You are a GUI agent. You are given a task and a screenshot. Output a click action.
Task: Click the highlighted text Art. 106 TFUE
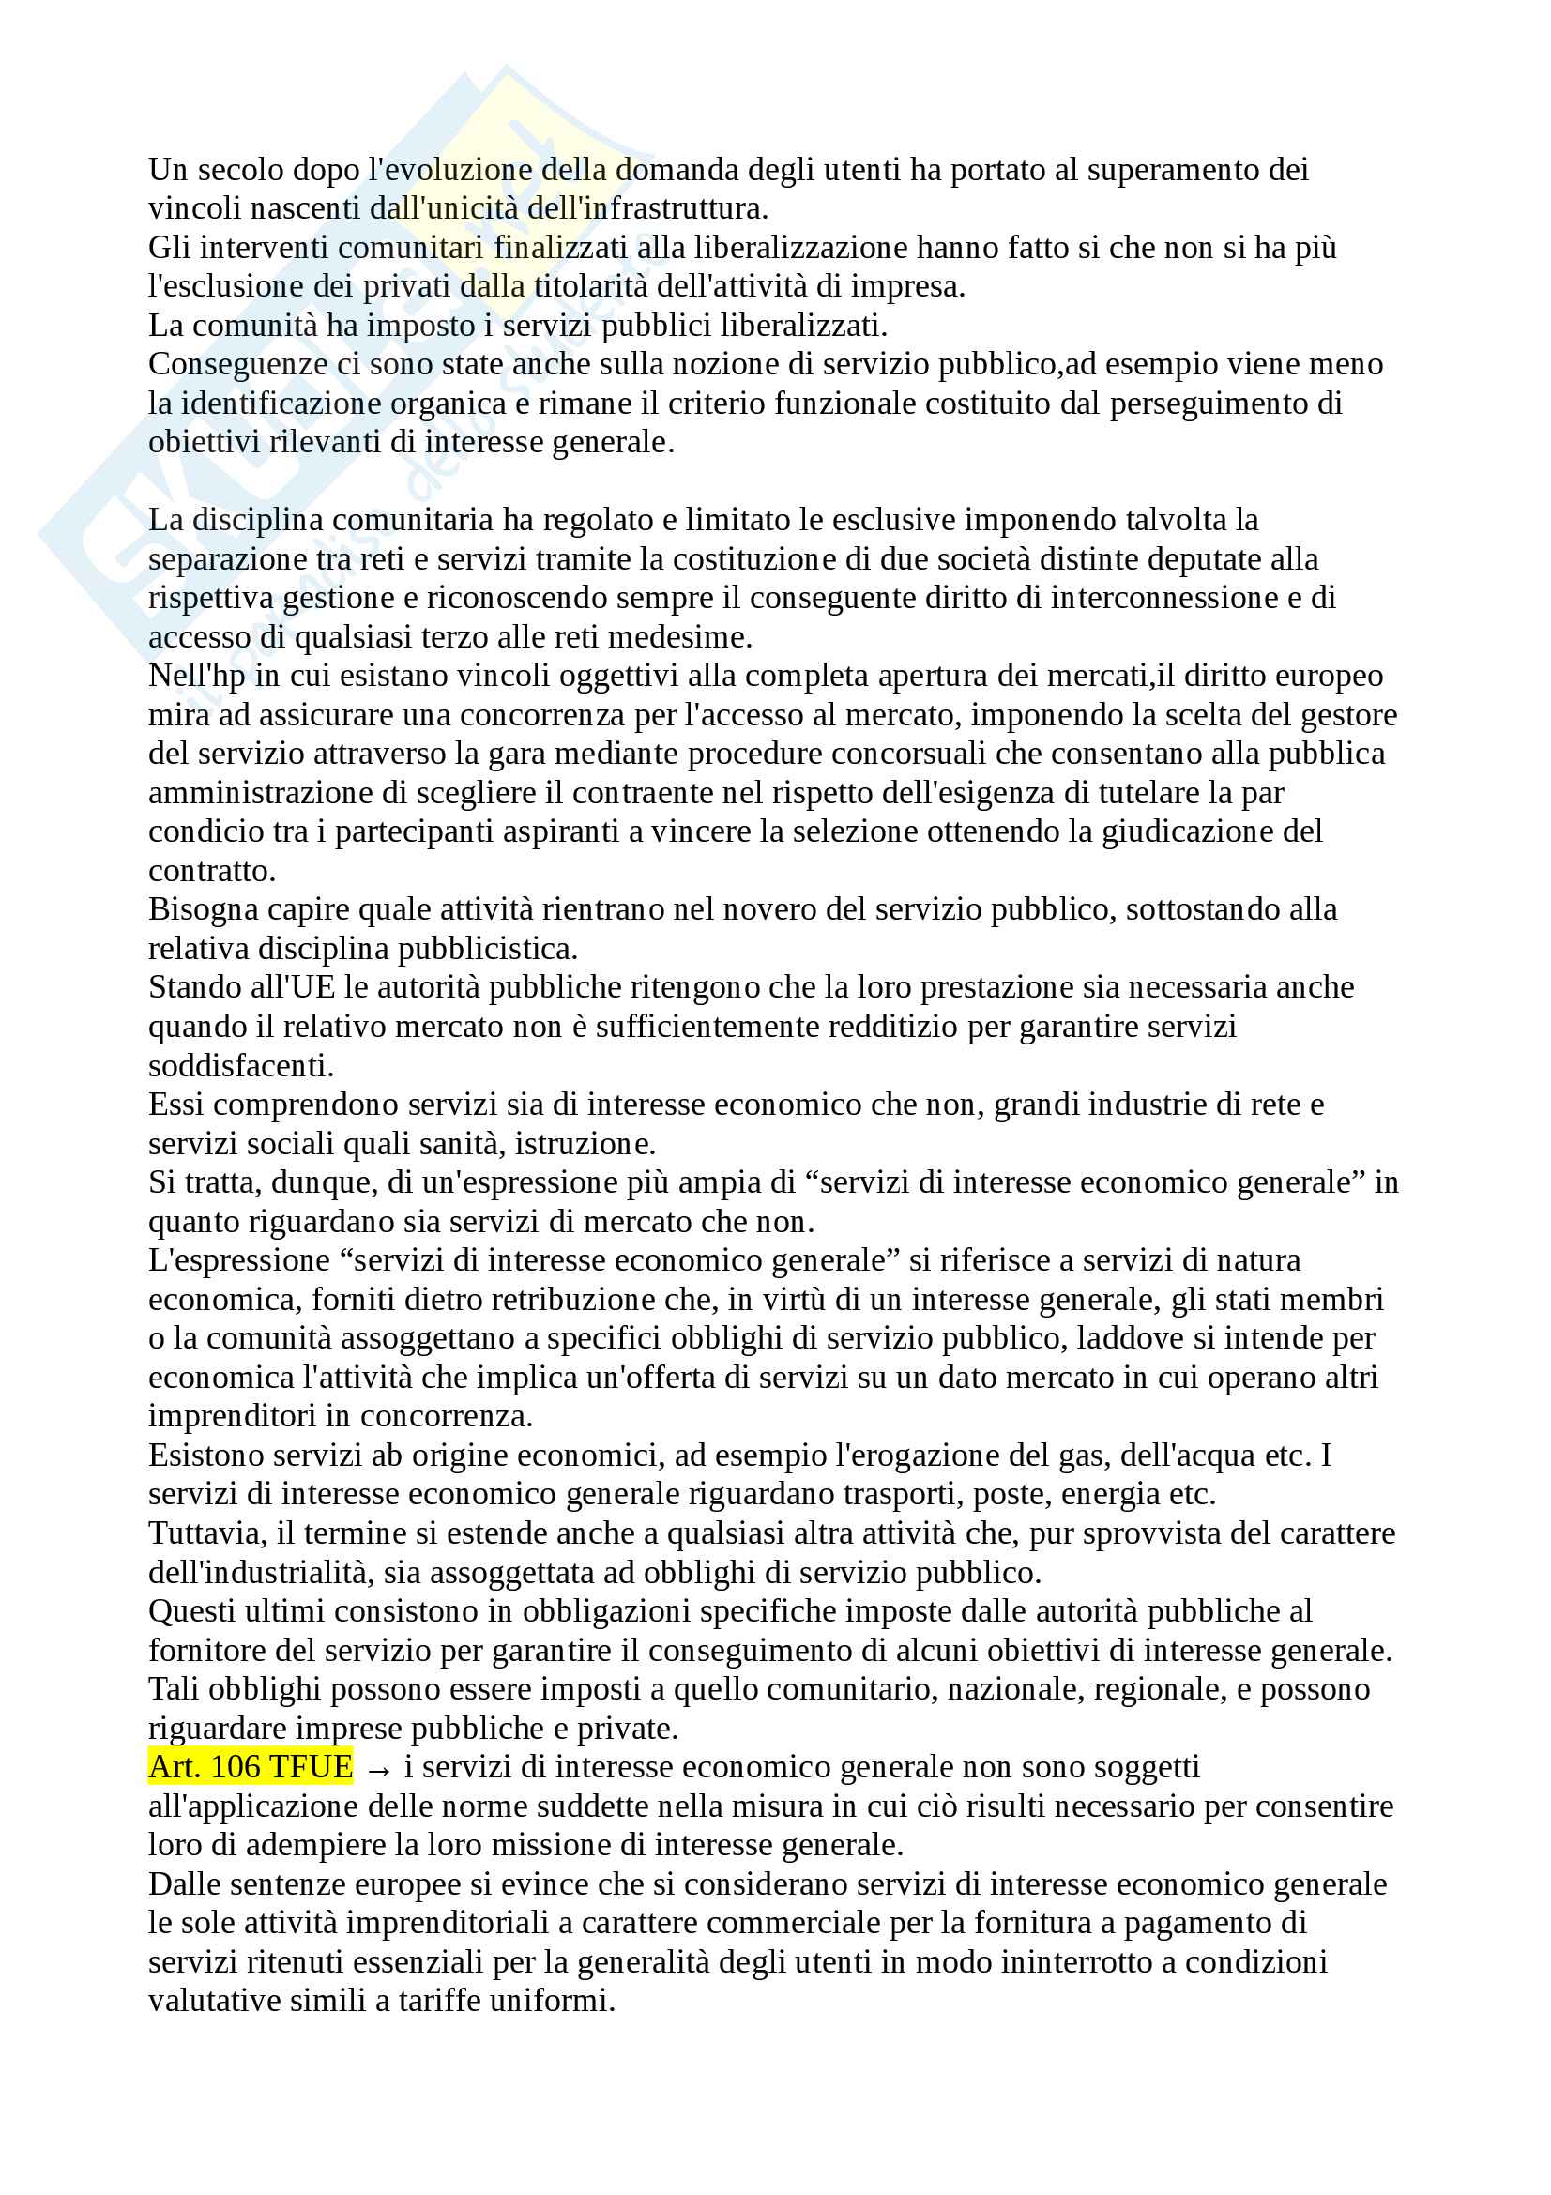[x=251, y=1767]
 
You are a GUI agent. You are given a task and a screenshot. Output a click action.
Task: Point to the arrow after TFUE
[x=378, y=1770]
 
